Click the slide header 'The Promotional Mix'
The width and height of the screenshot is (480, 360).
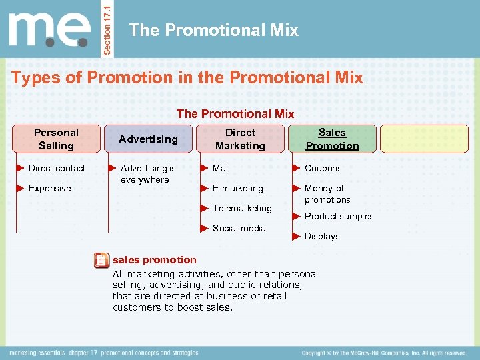(x=213, y=30)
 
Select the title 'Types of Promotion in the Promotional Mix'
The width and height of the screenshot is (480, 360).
(x=187, y=78)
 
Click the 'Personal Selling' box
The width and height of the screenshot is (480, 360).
(x=57, y=139)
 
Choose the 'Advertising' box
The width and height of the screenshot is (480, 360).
(x=148, y=139)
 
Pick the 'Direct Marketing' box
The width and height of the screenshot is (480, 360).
(x=240, y=139)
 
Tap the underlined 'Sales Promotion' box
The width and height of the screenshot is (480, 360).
(x=332, y=139)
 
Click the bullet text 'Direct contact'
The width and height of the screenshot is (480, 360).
(x=57, y=169)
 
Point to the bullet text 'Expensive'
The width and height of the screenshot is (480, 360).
(x=49, y=189)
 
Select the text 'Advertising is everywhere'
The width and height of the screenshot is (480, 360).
(x=148, y=174)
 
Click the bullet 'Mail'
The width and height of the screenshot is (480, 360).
(x=221, y=169)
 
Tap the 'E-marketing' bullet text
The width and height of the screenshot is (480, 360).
(x=237, y=189)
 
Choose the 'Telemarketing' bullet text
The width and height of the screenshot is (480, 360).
(x=242, y=209)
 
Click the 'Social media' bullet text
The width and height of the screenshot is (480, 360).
(x=239, y=228)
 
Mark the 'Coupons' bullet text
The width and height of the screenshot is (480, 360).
(x=323, y=169)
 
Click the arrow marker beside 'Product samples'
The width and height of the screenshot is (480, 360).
(x=297, y=216)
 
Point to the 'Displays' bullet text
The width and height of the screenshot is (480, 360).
(x=322, y=237)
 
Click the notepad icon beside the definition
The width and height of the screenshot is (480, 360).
(x=101, y=261)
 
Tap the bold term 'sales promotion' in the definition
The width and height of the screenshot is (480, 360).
(x=155, y=260)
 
